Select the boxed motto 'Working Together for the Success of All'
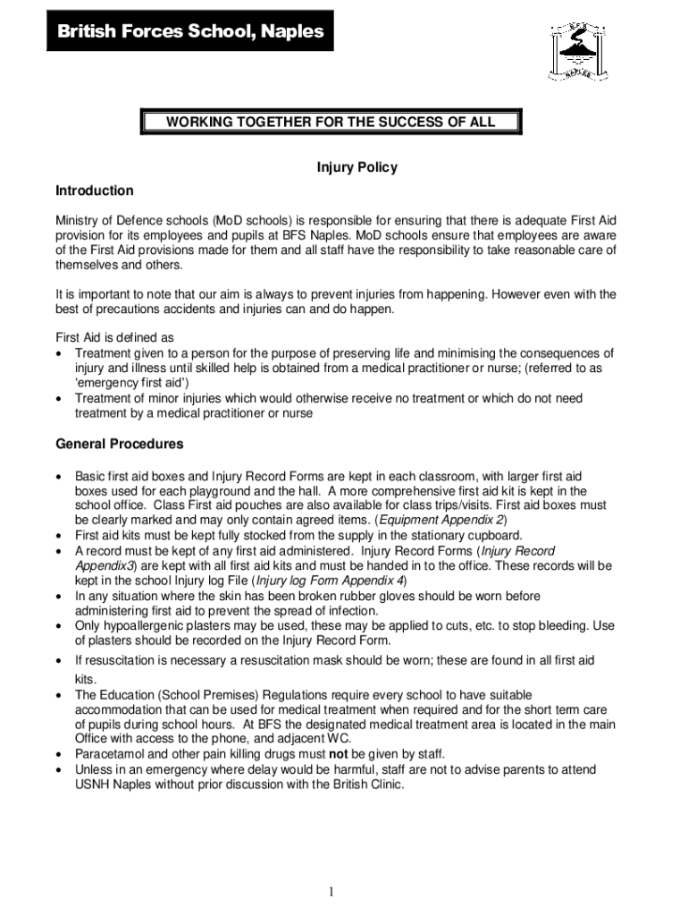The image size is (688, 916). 330,122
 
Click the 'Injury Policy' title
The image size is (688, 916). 357,167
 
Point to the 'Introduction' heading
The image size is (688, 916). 95,191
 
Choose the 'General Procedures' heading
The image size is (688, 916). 120,444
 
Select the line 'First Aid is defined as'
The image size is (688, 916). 114,338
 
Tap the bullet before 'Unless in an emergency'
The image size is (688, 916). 59,769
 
